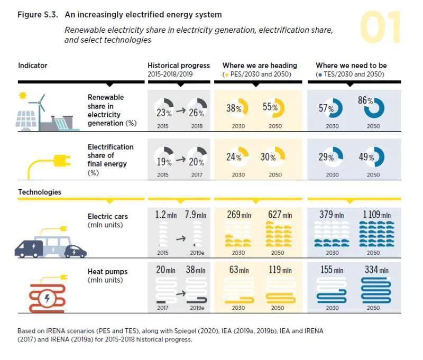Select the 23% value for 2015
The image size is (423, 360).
tap(164, 112)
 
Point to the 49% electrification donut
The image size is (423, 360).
tap(374, 157)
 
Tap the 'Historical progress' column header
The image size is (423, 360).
tap(178, 66)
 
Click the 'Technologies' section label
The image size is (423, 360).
tap(40, 192)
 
